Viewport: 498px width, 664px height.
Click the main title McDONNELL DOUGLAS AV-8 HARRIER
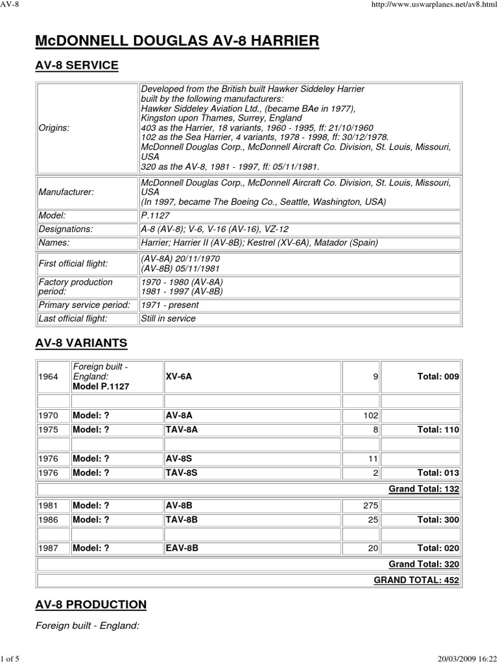click(x=177, y=41)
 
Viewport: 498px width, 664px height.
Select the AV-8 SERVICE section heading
click(x=77, y=65)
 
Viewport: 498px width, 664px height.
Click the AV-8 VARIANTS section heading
click(x=81, y=342)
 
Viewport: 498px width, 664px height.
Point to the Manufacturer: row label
click(x=66, y=193)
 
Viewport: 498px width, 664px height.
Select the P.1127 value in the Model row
click(x=156, y=215)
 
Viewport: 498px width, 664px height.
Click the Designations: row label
click(x=66, y=229)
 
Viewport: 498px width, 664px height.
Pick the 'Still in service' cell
click(x=168, y=318)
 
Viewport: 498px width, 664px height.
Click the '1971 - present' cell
click(x=170, y=305)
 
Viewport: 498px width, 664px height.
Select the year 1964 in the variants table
click(x=49, y=377)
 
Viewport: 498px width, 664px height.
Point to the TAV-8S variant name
click(x=182, y=473)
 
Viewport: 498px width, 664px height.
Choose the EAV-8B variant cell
click(x=182, y=548)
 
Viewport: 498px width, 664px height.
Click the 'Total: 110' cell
click(x=439, y=429)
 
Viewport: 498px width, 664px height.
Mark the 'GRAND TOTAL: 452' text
click(x=416, y=580)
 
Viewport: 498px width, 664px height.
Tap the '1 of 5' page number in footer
click(x=12, y=658)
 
